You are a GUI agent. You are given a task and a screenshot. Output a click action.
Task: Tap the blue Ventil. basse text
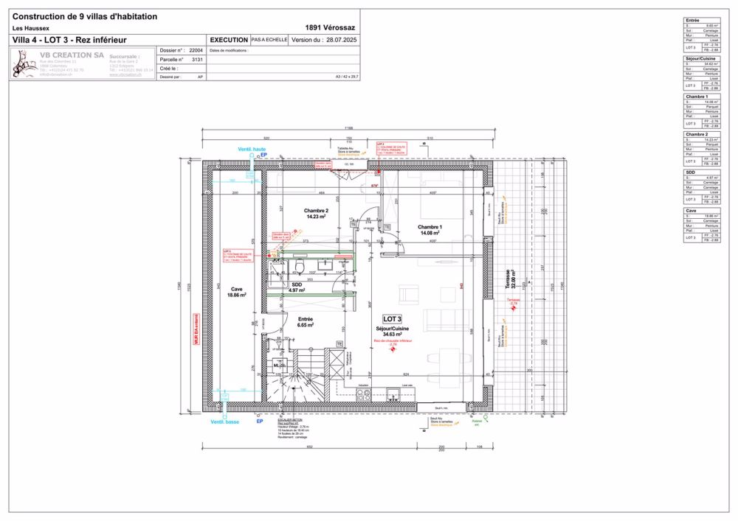(224, 422)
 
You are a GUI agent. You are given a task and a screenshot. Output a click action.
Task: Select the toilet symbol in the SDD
(300, 265)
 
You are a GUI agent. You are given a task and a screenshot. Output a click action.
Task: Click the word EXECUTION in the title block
(229, 40)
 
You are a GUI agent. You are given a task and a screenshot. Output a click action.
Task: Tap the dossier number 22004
(196, 51)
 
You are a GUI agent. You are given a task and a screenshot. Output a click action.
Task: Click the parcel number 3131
(197, 59)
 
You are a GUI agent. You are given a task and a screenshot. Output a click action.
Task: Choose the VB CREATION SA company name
(71, 55)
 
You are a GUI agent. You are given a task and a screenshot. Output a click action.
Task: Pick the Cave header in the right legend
(692, 210)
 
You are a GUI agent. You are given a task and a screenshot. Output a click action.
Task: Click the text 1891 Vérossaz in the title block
(327, 28)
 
